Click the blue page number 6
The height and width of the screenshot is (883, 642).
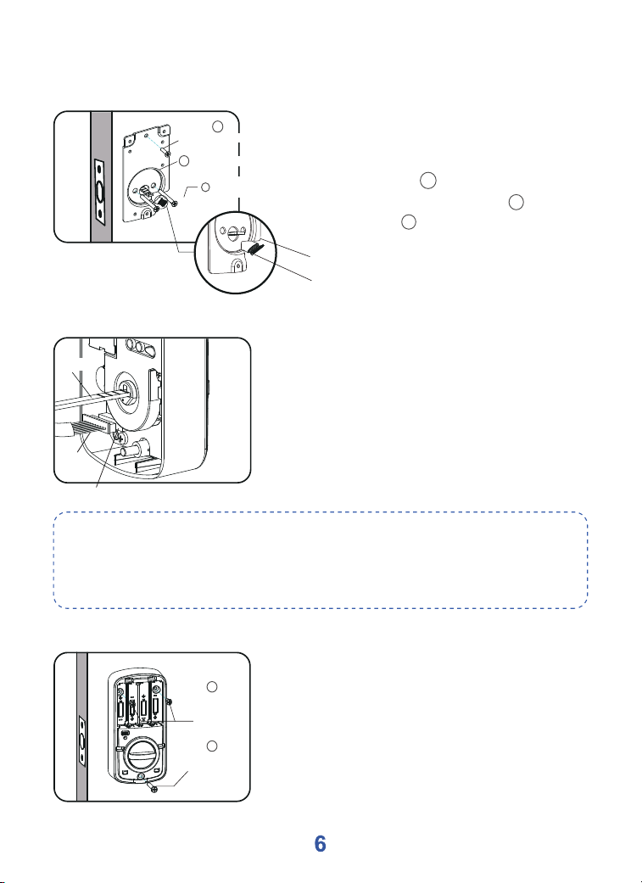320,844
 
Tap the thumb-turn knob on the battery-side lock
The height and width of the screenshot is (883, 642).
142,753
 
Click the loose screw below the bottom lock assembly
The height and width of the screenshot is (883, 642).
151,785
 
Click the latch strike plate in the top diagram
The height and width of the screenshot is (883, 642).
100,193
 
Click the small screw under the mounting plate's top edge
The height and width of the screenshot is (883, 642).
164,150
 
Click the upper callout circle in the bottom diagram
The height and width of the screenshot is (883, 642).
212,686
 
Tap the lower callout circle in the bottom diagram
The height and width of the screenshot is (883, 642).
212,746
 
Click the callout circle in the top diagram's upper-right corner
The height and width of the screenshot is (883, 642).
219,127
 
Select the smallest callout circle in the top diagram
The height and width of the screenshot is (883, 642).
206,187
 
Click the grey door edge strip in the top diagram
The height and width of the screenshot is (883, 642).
102,176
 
